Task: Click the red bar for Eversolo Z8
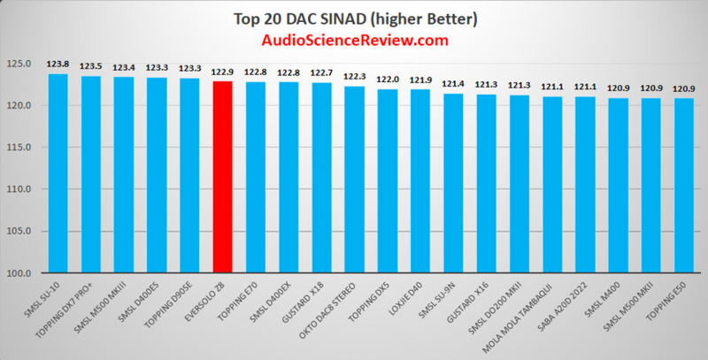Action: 222,177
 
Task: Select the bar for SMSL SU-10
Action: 58,172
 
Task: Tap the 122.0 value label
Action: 387,79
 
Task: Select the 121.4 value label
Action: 452,84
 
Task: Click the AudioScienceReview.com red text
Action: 354,41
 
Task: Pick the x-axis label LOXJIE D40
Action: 407,301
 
